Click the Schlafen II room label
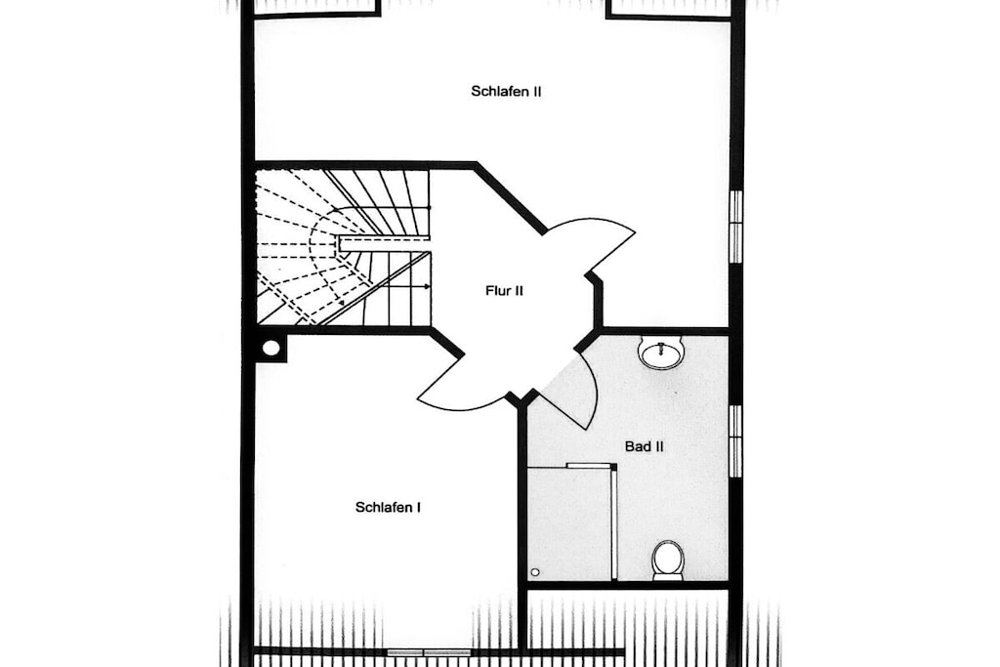point(506,91)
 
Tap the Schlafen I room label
point(388,508)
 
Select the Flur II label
point(504,291)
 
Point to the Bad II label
point(645,446)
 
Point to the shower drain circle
point(535,572)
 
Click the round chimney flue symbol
point(271,349)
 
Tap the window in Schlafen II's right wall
point(736,227)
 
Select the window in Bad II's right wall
point(736,440)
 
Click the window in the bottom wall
point(429,652)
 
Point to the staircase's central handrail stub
point(383,243)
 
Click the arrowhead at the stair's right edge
point(427,287)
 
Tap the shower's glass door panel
point(614,522)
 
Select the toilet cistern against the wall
point(668,577)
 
